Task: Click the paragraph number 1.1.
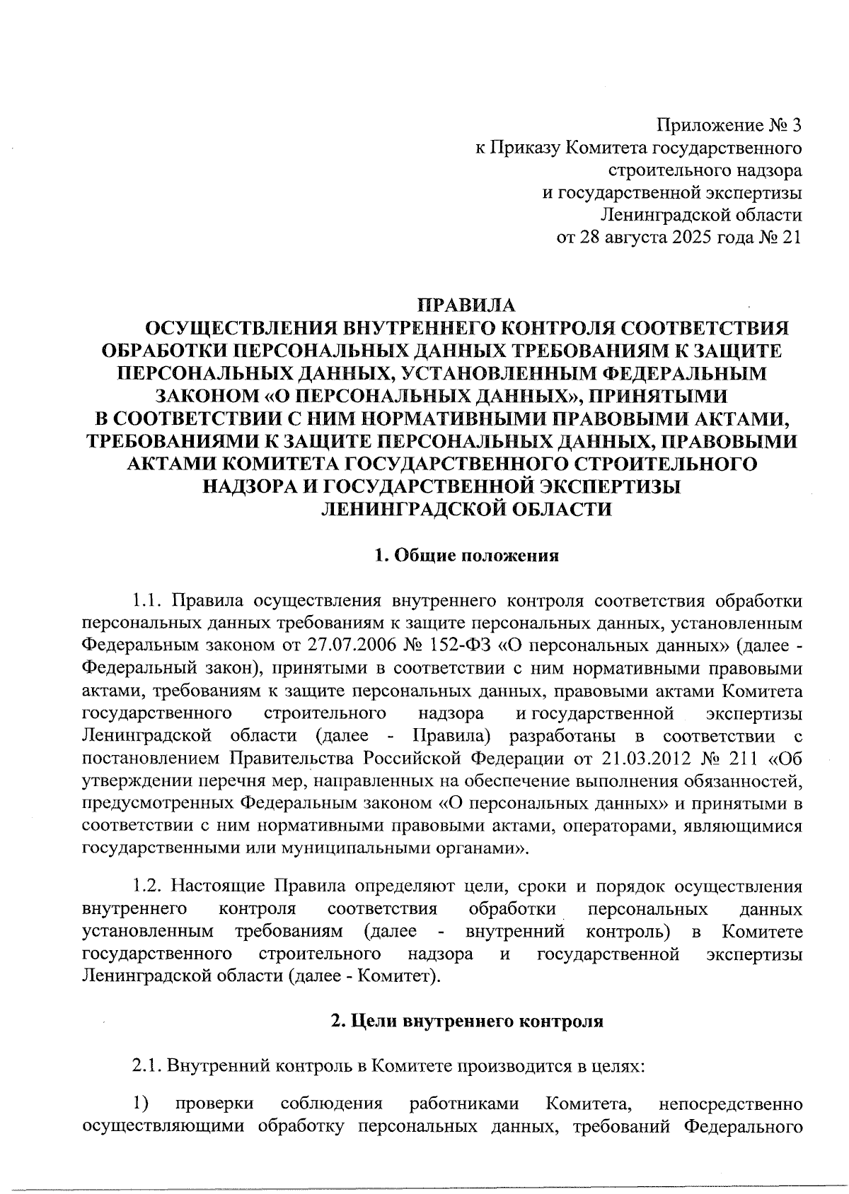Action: [x=146, y=601]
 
